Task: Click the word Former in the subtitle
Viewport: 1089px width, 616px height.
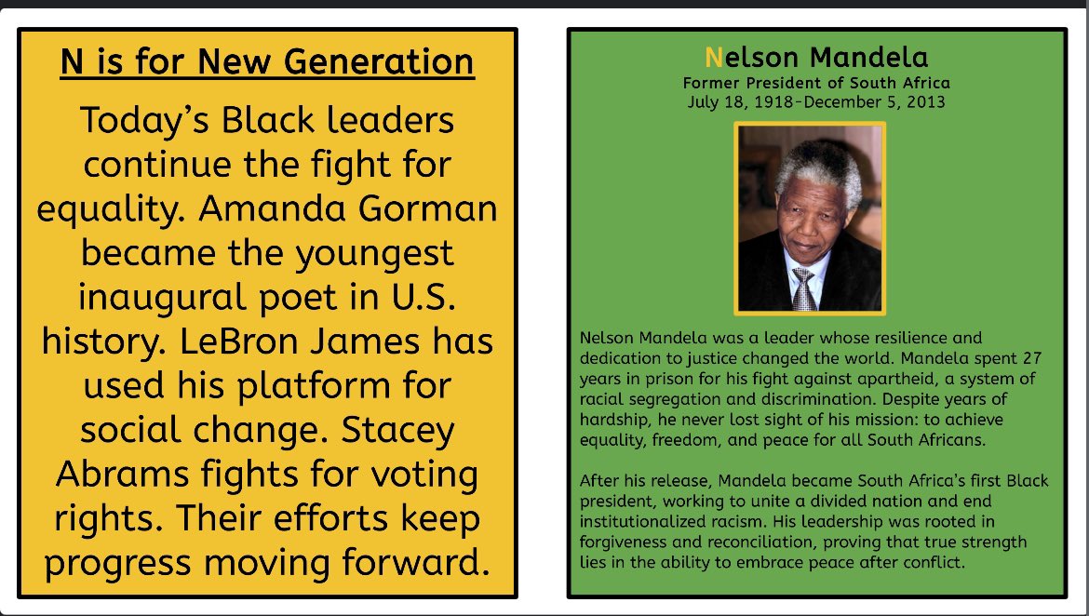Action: [710, 84]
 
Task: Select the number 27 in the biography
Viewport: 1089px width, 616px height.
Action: [1035, 358]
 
